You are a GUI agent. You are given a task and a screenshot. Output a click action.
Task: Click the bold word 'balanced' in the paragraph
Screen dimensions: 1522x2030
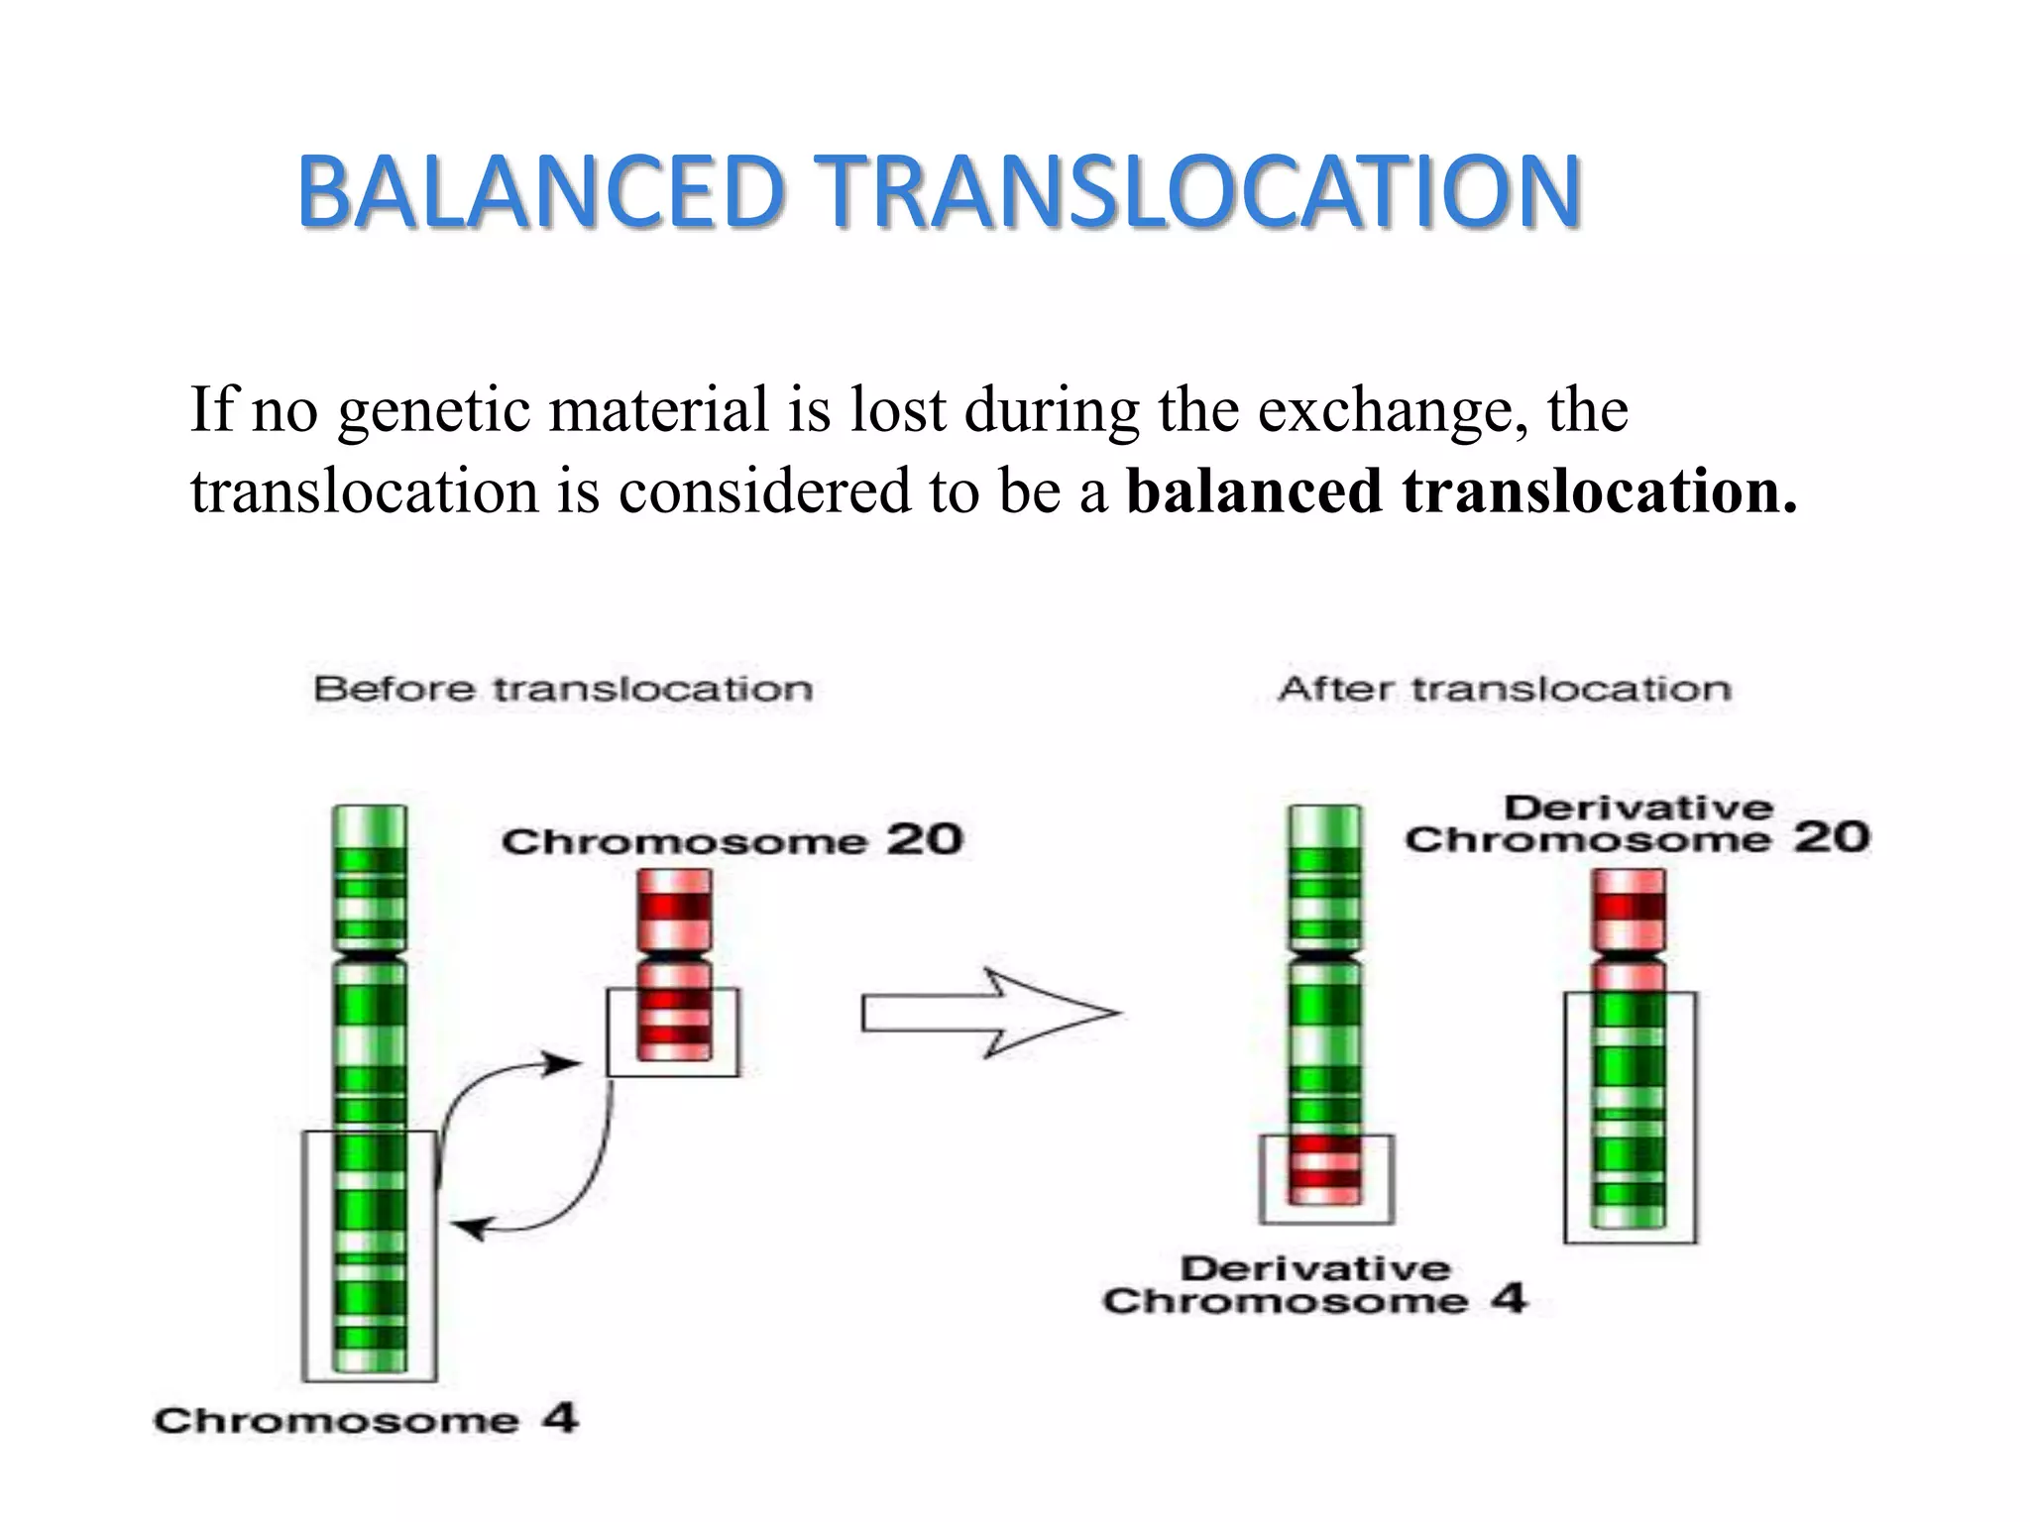(x=1254, y=491)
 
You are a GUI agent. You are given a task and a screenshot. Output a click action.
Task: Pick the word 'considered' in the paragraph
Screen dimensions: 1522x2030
(x=763, y=491)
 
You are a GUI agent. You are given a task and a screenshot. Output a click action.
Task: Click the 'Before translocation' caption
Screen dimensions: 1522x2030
(x=563, y=689)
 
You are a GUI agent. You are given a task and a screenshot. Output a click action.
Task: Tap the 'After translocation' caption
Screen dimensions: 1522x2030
(x=1505, y=689)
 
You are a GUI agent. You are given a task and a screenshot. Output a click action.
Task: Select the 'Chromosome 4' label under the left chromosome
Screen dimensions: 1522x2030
(x=365, y=1420)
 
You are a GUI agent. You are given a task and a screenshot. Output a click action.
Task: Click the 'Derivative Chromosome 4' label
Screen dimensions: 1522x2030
(x=1314, y=1285)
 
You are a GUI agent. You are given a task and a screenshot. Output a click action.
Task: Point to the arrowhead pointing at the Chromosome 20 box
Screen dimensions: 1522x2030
(x=566, y=1065)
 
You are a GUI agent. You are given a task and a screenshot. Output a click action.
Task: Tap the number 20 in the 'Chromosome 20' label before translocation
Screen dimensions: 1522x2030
(x=924, y=840)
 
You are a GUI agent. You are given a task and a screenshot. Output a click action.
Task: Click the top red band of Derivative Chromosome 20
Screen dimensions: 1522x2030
(x=1629, y=904)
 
